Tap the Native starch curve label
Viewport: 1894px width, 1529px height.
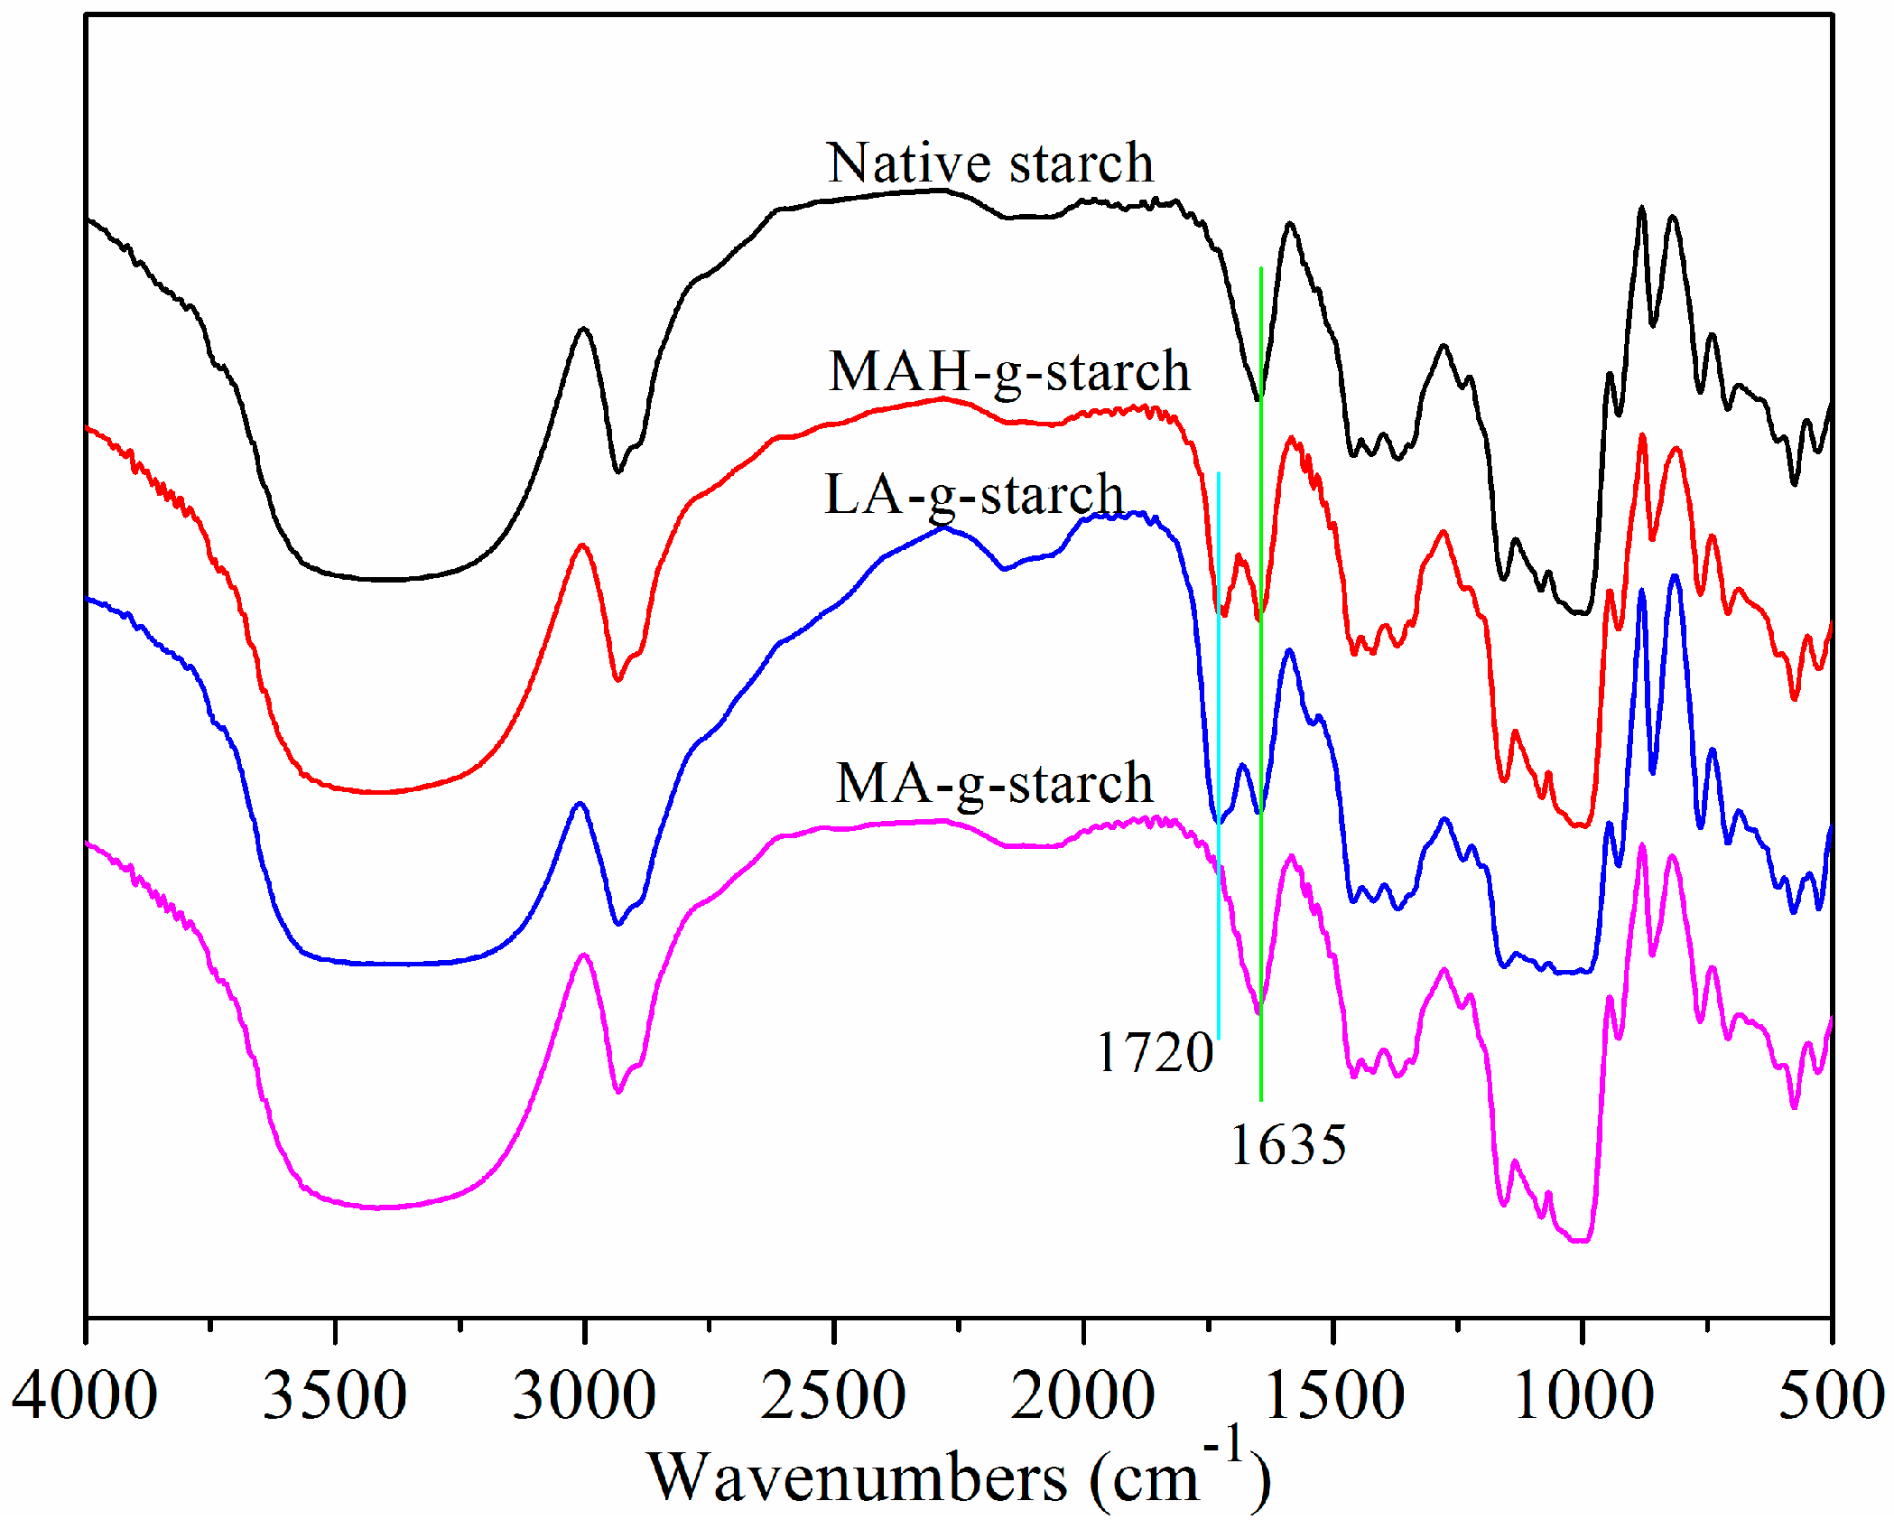click(990, 163)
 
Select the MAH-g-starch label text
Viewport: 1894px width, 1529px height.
click(1009, 371)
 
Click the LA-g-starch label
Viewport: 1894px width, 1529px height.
click(974, 495)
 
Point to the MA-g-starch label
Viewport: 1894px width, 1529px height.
click(994, 782)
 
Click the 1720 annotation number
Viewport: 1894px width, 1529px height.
click(1155, 1052)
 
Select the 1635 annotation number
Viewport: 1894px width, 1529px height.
click(1288, 1145)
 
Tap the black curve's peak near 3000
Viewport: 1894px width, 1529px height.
click(583, 329)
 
